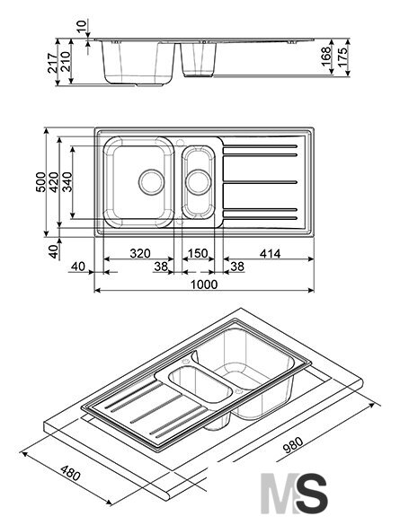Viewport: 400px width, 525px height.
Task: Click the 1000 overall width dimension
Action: (204, 284)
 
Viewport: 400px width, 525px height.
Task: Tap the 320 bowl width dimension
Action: (140, 253)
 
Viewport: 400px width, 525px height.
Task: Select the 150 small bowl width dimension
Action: (198, 253)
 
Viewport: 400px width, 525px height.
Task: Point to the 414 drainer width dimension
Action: (270, 254)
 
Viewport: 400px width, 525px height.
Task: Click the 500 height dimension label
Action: (40, 182)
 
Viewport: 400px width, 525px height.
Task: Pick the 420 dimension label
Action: (54, 182)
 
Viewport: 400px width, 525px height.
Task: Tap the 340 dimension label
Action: (67, 182)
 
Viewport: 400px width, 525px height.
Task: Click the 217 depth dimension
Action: (53, 63)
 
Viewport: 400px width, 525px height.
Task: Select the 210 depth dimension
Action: (66, 61)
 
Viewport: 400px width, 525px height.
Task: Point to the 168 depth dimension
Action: (326, 57)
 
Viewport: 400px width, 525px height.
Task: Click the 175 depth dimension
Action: (342, 57)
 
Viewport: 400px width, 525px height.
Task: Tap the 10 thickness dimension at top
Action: (82, 26)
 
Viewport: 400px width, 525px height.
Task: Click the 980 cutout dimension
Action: (293, 445)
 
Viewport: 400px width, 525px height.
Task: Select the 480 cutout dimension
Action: (71, 472)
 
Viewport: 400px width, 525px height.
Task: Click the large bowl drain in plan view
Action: (152, 182)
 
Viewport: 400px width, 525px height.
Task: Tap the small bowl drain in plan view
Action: (199, 182)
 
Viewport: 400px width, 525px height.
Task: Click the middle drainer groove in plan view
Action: (260, 182)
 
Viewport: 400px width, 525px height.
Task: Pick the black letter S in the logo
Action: (310, 494)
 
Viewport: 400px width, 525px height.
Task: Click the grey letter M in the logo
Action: (278, 494)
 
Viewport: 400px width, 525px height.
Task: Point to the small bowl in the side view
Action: (199, 59)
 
